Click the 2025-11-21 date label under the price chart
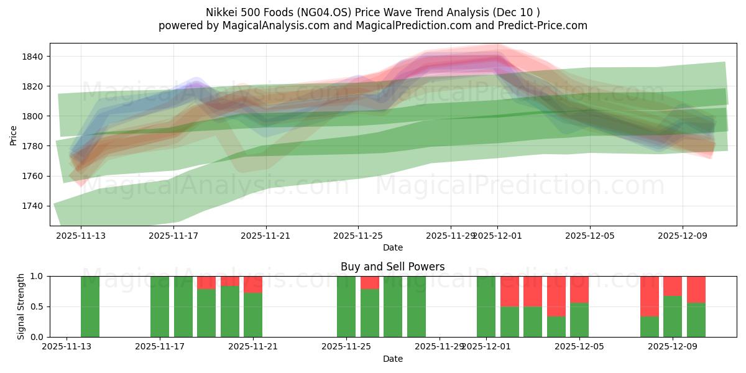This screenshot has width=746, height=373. (x=266, y=236)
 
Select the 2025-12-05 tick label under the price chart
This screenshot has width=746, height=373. (x=589, y=236)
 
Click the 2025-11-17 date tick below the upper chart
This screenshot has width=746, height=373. (x=174, y=236)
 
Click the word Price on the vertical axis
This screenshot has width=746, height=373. (x=13, y=134)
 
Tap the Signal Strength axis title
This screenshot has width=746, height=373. (x=21, y=306)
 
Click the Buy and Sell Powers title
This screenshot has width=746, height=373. (x=392, y=267)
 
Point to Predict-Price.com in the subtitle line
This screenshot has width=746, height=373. (x=545, y=25)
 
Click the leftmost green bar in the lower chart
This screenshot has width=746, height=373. (x=90, y=306)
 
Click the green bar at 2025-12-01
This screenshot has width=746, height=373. (x=486, y=306)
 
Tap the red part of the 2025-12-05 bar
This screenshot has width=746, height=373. (x=579, y=289)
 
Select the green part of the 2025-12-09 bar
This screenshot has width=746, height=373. (x=673, y=316)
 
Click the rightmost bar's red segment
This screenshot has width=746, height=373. (x=696, y=289)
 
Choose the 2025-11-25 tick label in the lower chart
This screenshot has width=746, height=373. (x=346, y=347)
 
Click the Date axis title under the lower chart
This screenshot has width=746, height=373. (x=392, y=359)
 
